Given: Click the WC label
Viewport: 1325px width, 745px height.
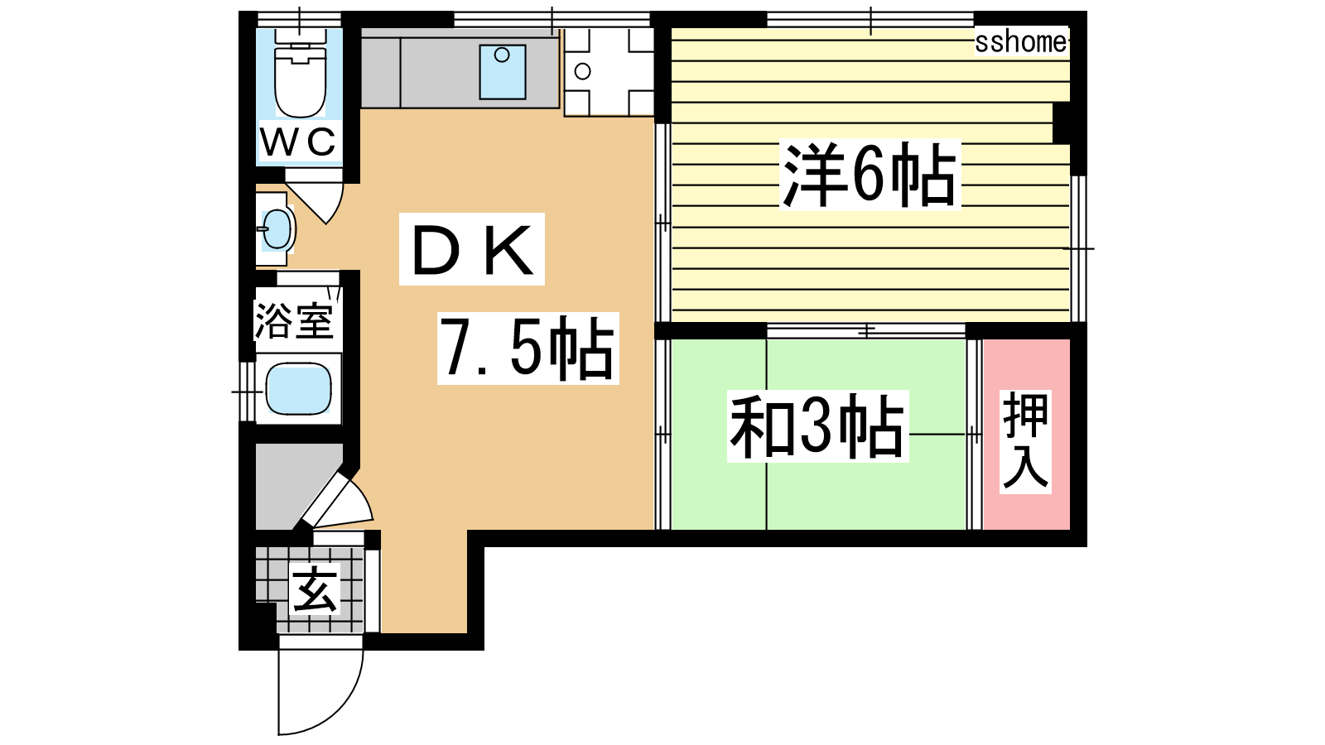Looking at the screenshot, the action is pyautogui.click(x=299, y=142).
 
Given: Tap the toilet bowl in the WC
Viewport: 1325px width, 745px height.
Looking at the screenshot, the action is pyautogui.click(x=301, y=82).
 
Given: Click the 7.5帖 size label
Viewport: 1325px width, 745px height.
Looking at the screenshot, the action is pyautogui.click(x=528, y=348).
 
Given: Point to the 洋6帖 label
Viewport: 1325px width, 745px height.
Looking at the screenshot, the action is pyautogui.click(x=870, y=174).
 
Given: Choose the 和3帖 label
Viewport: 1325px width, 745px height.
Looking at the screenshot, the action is pyautogui.click(x=817, y=426).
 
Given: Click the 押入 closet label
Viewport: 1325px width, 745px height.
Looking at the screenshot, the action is pyautogui.click(x=1026, y=442).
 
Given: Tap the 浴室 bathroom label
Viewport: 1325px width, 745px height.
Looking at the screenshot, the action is pyautogui.click(x=294, y=321).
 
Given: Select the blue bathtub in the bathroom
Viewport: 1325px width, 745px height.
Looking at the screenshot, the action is pyautogui.click(x=298, y=389).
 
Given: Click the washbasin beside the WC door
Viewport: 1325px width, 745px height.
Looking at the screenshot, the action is pyautogui.click(x=277, y=228).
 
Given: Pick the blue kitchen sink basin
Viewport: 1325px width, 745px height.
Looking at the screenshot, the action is pyautogui.click(x=502, y=72).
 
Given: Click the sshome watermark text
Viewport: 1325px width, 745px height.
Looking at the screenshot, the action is pyautogui.click(x=1021, y=42).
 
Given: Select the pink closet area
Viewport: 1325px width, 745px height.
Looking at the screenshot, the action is pyautogui.click(x=1026, y=434).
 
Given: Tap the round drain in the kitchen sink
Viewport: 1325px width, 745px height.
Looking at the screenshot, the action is pyautogui.click(x=502, y=55).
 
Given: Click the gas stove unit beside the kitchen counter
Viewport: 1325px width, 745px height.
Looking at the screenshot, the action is pyautogui.click(x=609, y=71).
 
